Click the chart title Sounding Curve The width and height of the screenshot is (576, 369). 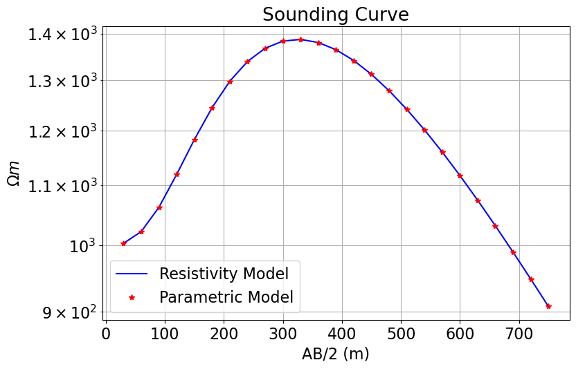[x=335, y=15]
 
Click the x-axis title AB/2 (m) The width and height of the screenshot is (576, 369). [x=335, y=354]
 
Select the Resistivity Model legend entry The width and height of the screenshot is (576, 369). [x=224, y=273]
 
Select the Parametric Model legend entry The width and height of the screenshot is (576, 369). [x=226, y=297]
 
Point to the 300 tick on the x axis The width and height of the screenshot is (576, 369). [x=283, y=335]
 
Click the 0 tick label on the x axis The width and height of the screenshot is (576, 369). [x=106, y=335]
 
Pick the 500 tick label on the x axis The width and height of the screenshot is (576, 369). [x=401, y=335]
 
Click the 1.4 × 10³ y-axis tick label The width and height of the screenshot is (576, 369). [x=64, y=34]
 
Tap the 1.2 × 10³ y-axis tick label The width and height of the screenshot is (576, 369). [x=64, y=131]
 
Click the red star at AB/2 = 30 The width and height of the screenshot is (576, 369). [x=124, y=243]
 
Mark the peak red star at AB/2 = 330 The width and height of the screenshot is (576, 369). [x=301, y=39]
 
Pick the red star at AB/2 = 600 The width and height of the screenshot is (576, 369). [x=460, y=176]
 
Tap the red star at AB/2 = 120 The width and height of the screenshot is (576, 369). [x=177, y=174]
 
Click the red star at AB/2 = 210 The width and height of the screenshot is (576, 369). [x=230, y=82]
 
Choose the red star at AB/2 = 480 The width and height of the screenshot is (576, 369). [x=389, y=91]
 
